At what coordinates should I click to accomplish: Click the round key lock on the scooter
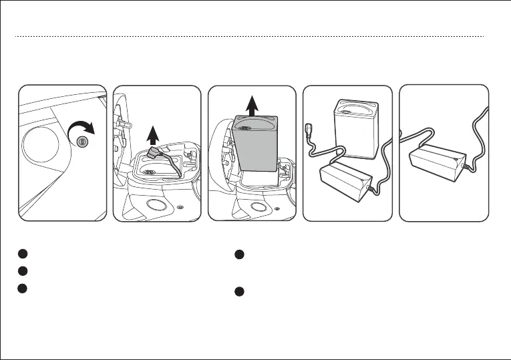click(81, 142)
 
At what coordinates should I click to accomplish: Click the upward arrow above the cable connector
click(153, 135)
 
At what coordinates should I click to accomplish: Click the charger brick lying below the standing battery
click(347, 180)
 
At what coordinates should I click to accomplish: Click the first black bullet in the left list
click(22, 254)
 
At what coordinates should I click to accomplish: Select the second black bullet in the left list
click(22, 271)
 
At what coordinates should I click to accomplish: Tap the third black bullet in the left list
click(22, 288)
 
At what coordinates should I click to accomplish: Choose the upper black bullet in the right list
click(239, 254)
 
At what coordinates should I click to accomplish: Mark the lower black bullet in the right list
click(239, 293)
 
